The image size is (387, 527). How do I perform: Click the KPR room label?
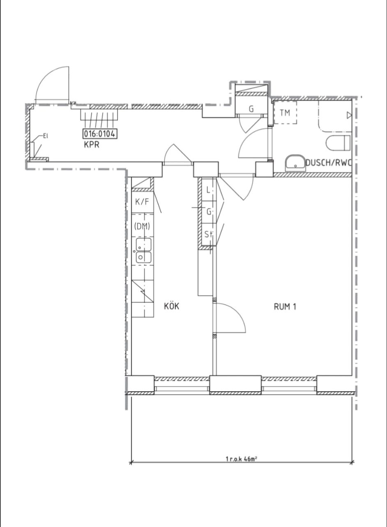click(x=92, y=144)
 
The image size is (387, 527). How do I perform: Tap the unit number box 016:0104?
click(x=100, y=134)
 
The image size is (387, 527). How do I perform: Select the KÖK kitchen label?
click(x=172, y=306)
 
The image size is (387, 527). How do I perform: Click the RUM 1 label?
click(x=285, y=306)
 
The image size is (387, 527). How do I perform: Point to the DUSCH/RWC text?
click(x=328, y=163)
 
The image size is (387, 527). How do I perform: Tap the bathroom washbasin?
click(x=295, y=163)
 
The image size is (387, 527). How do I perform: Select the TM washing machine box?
click(x=285, y=113)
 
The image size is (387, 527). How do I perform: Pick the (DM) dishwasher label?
click(x=142, y=226)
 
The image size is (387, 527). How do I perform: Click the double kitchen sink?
click(x=143, y=250)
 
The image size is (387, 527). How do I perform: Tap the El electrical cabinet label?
click(x=45, y=136)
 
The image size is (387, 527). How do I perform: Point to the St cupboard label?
click(x=208, y=234)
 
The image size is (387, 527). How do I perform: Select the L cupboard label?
click(x=208, y=190)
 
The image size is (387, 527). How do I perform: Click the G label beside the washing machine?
click(x=251, y=109)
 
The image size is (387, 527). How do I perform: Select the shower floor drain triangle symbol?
click(x=349, y=115)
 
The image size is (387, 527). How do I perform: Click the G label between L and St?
click(x=209, y=212)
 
